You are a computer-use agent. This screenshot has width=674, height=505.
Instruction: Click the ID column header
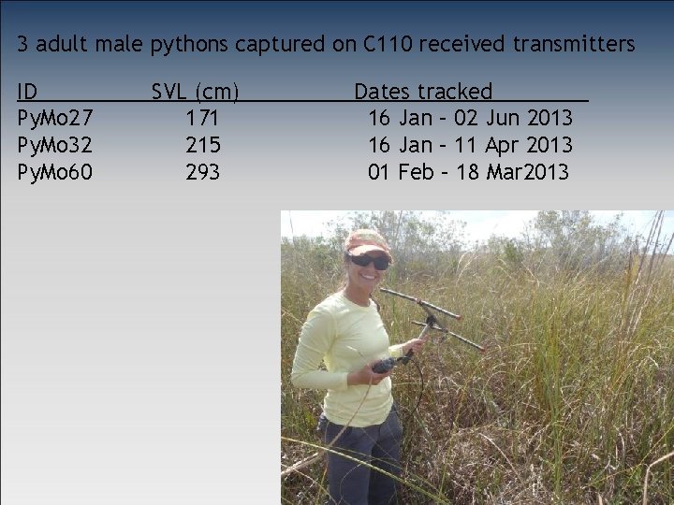tap(28, 92)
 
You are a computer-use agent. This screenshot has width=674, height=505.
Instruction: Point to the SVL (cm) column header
tap(196, 92)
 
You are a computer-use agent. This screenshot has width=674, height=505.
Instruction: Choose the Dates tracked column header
tap(423, 92)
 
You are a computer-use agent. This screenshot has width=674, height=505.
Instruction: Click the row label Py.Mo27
tap(55, 119)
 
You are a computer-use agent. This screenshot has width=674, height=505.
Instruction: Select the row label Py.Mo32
tap(55, 145)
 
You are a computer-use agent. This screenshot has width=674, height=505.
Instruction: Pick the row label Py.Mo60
tap(55, 172)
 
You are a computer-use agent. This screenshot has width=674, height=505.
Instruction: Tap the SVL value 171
tap(203, 119)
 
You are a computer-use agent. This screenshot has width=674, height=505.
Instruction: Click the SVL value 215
tap(203, 145)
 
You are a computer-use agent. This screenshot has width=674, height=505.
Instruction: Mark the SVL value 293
tap(203, 172)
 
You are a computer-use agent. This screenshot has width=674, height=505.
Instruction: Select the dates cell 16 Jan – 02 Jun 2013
tap(470, 119)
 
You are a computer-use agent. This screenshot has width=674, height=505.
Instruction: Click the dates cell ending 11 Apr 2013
tap(470, 145)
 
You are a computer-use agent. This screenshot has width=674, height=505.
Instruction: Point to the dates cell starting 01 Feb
tap(468, 172)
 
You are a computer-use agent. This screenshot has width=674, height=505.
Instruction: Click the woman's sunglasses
tap(369, 261)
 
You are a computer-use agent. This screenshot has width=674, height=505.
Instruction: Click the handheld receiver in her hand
tap(385, 365)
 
